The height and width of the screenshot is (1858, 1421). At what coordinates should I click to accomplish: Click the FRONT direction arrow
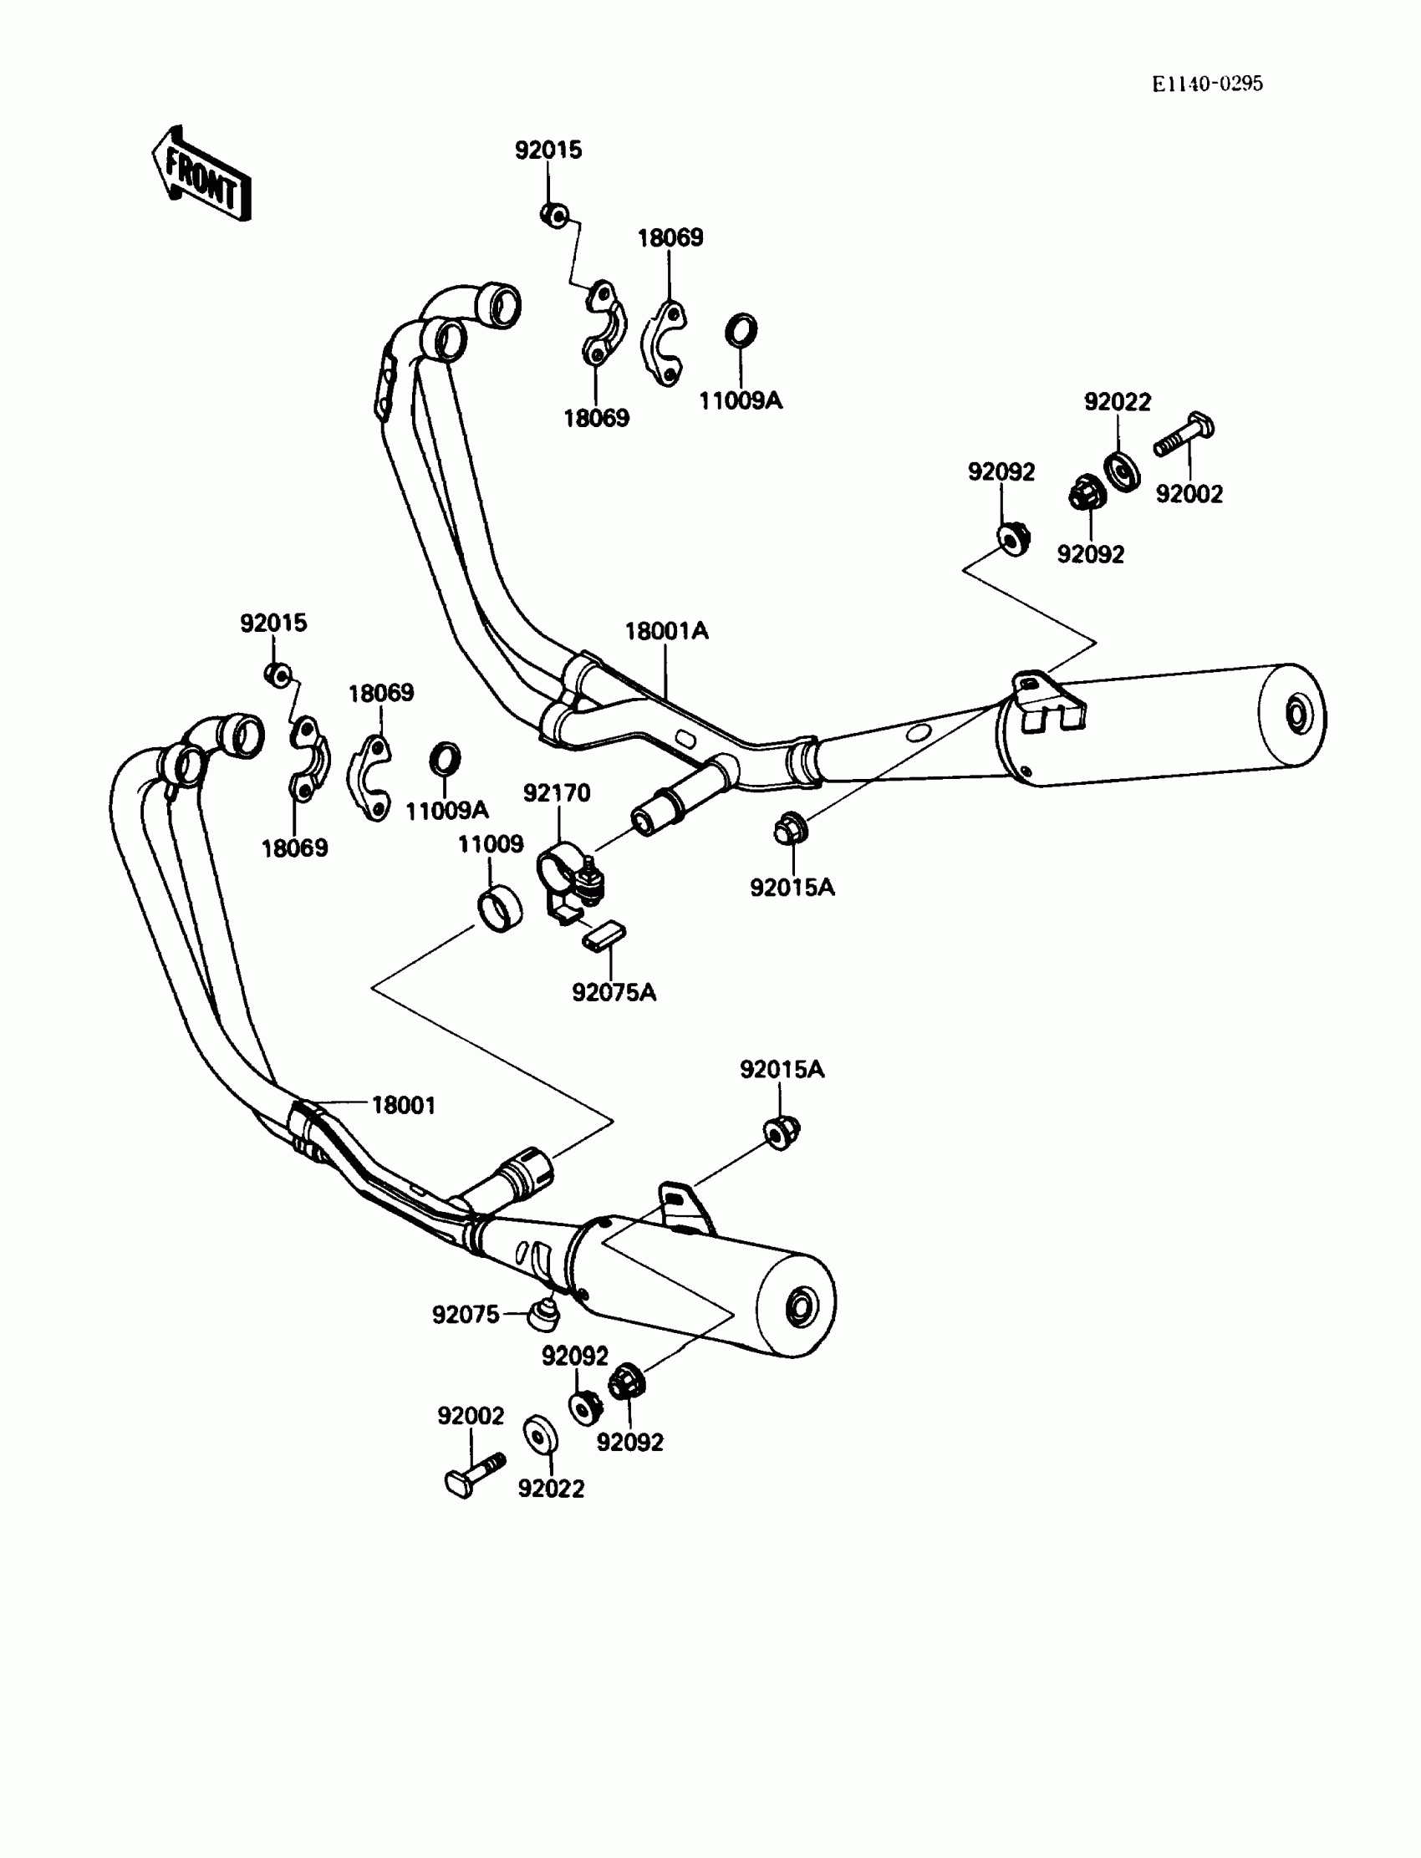pyautogui.click(x=201, y=175)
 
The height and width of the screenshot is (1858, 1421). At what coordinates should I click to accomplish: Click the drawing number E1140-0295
pyautogui.click(x=1207, y=83)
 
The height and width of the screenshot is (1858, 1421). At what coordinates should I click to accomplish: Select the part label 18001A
pyautogui.click(x=666, y=631)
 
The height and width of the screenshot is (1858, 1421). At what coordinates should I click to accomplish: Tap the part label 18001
pyautogui.click(x=404, y=1105)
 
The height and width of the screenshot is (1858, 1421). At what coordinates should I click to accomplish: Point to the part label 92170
pyautogui.click(x=557, y=793)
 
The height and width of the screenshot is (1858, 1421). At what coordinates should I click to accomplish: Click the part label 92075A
pyautogui.click(x=614, y=992)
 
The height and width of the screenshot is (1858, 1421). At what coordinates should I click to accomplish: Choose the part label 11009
pyautogui.click(x=491, y=844)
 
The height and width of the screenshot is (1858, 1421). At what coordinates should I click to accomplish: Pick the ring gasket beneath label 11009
pyautogui.click(x=500, y=909)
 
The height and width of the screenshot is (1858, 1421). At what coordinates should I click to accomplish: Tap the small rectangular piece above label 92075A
pyautogui.click(x=604, y=935)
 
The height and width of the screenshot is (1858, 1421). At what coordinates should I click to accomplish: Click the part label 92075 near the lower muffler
pyautogui.click(x=466, y=1314)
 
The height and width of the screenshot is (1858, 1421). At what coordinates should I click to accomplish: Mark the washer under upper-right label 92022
pyautogui.click(x=1123, y=471)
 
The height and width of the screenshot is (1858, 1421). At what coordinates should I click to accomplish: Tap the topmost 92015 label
pyautogui.click(x=548, y=150)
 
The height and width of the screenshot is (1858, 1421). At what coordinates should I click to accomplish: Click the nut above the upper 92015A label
pyautogui.click(x=790, y=829)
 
